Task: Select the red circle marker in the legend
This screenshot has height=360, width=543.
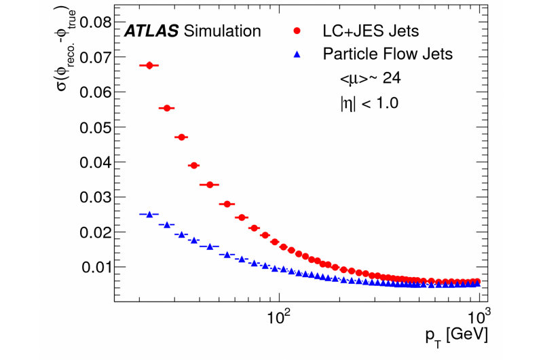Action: click(x=297, y=31)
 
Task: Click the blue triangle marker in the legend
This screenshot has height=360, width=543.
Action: click(x=297, y=54)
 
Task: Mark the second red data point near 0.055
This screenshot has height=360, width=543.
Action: click(x=166, y=108)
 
